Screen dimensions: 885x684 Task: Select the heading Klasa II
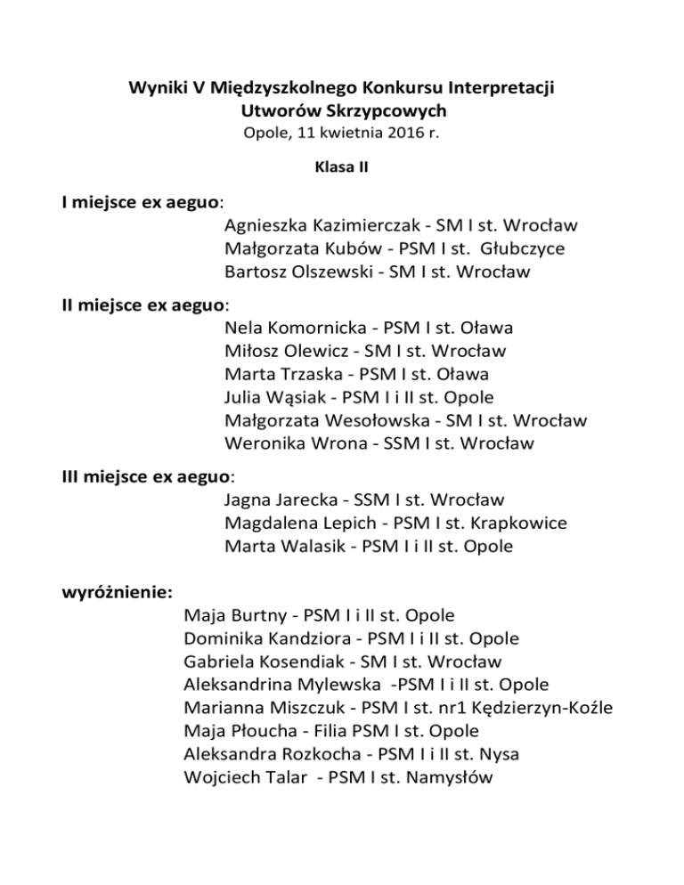tap(342, 166)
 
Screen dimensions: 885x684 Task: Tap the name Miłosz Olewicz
tap(284, 351)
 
